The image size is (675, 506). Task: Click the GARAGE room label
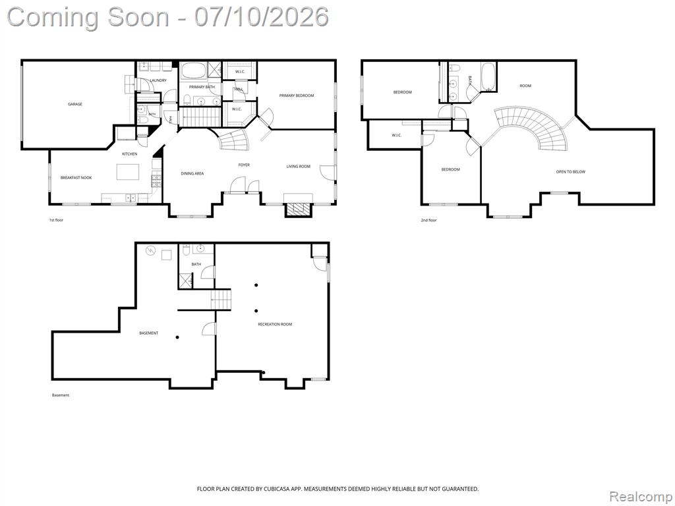click(x=75, y=104)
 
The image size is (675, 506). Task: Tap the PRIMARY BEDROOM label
click(x=297, y=96)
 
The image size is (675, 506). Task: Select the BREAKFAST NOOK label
click(x=76, y=178)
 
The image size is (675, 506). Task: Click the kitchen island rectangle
click(x=128, y=172)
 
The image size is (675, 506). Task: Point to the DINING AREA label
click(x=192, y=173)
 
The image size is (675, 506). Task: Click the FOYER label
click(x=244, y=165)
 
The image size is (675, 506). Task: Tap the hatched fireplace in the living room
click(x=299, y=209)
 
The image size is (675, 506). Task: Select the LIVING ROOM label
click(x=299, y=167)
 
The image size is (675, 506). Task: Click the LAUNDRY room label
click(x=158, y=80)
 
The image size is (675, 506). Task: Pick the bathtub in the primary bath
click(x=193, y=70)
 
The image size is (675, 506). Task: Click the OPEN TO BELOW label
click(x=570, y=172)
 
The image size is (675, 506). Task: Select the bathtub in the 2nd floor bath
click(x=488, y=76)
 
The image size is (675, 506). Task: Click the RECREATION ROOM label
click(x=275, y=324)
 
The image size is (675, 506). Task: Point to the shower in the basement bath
click(x=187, y=281)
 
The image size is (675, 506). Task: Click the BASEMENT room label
click(x=149, y=333)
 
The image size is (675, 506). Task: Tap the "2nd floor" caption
click(x=428, y=220)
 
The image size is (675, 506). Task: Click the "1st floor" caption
click(x=56, y=220)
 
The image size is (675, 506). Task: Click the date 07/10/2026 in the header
click(x=261, y=17)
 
